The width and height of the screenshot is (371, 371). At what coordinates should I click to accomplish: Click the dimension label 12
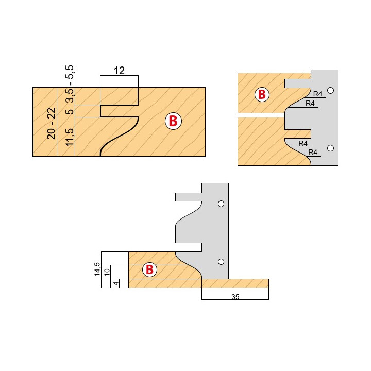coord(119,71)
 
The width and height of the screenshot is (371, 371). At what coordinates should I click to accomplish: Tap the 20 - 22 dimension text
coord(52,124)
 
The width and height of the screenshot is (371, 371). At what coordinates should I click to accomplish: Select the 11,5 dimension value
coord(70,137)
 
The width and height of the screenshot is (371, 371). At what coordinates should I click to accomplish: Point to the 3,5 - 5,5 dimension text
coord(70,83)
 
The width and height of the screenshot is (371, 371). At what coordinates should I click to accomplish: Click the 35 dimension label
coord(235,297)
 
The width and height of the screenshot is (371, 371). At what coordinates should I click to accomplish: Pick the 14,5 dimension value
coord(97,269)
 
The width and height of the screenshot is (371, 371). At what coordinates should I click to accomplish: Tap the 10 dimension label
coord(107,272)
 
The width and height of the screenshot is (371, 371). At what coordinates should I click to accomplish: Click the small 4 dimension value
coord(116,283)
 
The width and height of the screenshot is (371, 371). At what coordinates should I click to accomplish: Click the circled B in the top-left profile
coord(173,121)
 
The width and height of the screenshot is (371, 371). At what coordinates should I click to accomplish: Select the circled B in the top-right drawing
coord(262,94)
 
